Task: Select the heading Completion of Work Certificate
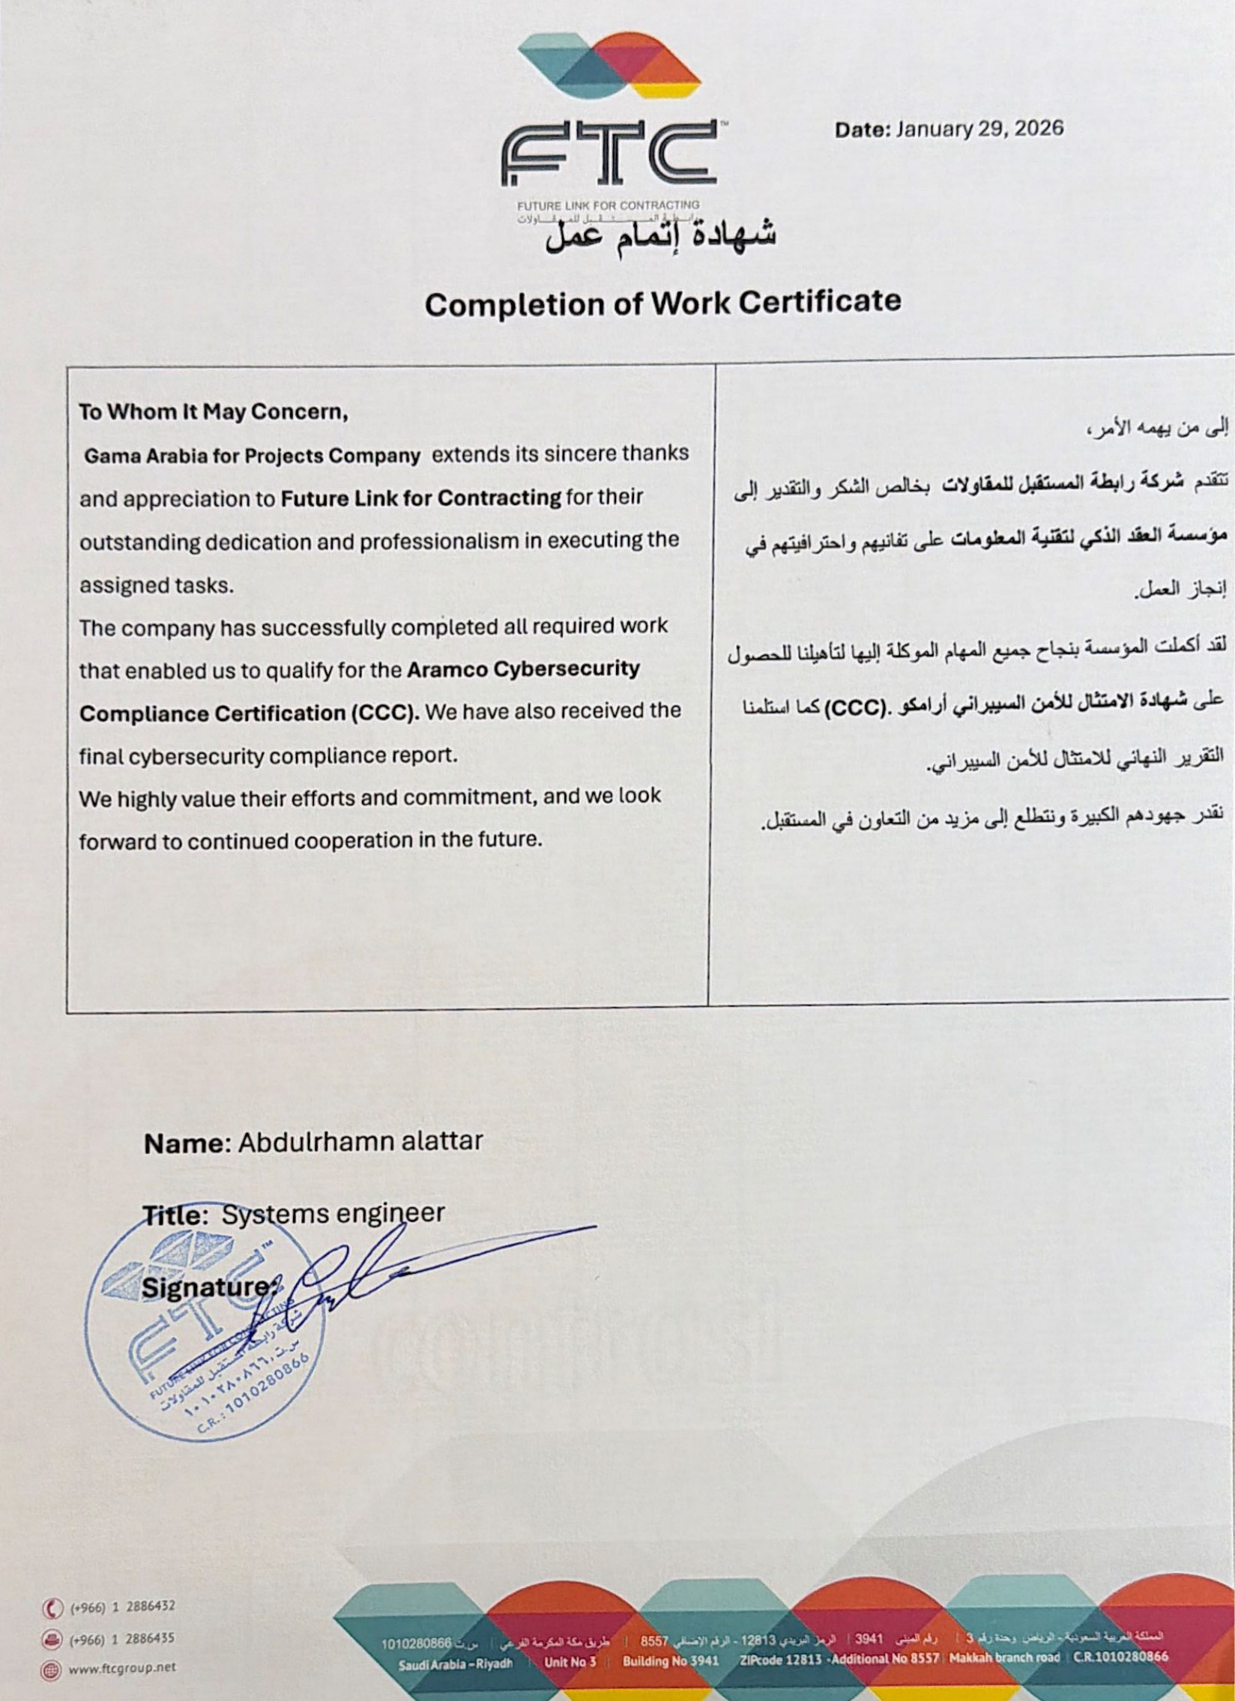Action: point(662,302)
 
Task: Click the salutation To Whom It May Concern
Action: point(214,411)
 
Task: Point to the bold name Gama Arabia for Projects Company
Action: point(252,456)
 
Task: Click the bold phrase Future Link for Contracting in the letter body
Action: point(420,498)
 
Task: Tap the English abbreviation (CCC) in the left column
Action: point(382,712)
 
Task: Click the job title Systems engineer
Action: point(333,1213)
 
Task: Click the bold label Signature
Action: point(206,1287)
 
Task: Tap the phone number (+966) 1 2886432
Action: point(122,1607)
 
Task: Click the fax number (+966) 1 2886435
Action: point(122,1639)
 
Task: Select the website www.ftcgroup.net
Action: point(121,1668)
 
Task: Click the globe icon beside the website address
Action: point(52,1669)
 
